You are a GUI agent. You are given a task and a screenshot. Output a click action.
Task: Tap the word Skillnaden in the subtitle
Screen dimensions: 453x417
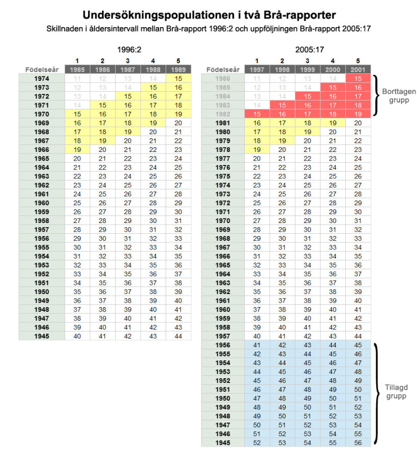65,27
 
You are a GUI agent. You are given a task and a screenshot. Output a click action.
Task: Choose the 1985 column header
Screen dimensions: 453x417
77,69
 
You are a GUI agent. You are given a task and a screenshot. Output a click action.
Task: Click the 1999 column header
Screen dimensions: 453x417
308,69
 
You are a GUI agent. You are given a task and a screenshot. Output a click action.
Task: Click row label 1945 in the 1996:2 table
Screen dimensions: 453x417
41,336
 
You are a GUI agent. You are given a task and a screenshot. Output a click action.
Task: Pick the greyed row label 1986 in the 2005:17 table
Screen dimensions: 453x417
223,79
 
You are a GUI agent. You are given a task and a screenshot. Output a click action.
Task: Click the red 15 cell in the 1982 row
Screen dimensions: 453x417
256,114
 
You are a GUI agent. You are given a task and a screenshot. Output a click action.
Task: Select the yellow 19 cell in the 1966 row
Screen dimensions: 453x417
77,149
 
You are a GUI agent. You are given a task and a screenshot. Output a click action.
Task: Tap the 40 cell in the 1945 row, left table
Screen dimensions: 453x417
77,336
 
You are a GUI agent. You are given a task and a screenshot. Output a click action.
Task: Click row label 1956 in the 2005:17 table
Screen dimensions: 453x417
223,344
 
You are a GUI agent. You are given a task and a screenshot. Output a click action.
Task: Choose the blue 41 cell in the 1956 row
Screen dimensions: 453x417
256,344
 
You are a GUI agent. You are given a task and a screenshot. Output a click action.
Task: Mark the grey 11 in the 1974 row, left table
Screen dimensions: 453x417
77,79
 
